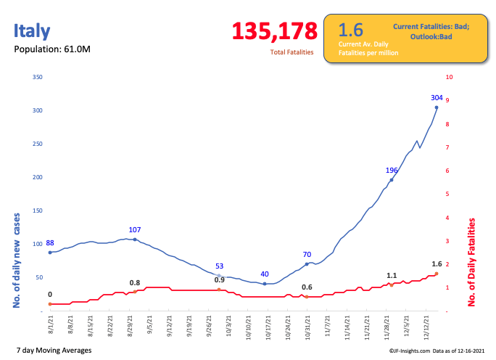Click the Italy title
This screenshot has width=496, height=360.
pyautogui.click(x=32, y=30)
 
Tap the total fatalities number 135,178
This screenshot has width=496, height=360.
pyautogui.click(x=275, y=31)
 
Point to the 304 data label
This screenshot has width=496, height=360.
pyautogui.click(x=437, y=98)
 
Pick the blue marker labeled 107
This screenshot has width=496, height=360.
pyautogui.click(x=135, y=239)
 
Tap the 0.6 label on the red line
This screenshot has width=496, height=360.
pyautogui.click(x=307, y=287)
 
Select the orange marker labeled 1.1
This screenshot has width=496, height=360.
pyautogui.click(x=392, y=285)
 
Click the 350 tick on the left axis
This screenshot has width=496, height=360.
pyautogui.click(x=38, y=77)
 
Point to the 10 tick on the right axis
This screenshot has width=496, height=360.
pyautogui.click(x=450, y=77)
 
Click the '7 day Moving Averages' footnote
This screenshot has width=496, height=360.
pyautogui.click(x=54, y=351)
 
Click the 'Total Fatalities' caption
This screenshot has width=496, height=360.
pyautogui.click(x=292, y=52)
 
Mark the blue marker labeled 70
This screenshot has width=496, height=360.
pyautogui.click(x=307, y=263)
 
